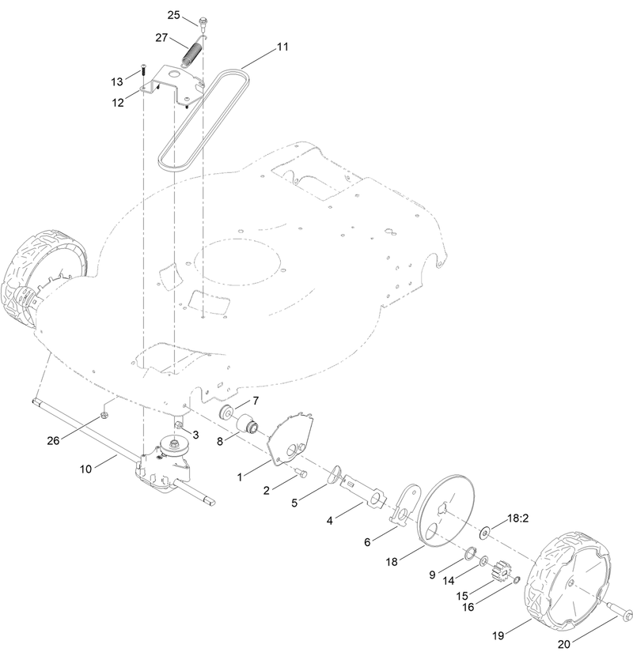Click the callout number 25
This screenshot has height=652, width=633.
[174, 14]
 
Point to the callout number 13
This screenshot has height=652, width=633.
[117, 81]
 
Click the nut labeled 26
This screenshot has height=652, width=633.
[104, 415]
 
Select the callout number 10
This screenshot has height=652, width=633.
[88, 469]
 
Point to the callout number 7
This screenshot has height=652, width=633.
[256, 401]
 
